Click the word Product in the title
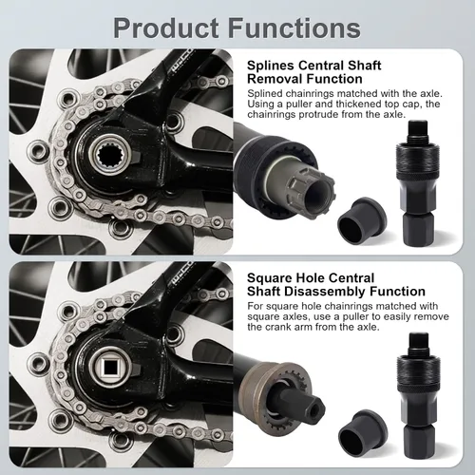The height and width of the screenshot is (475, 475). click(x=166, y=28)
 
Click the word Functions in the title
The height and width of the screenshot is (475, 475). click(x=294, y=28)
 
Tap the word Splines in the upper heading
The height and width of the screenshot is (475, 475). click(x=271, y=66)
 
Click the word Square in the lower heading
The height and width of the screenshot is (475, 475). click(x=269, y=278)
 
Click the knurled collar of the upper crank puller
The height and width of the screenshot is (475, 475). click(x=417, y=160)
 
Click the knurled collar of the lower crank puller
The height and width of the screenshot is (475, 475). click(x=419, y=372)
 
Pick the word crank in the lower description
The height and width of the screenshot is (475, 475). click(x=278, y=328)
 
